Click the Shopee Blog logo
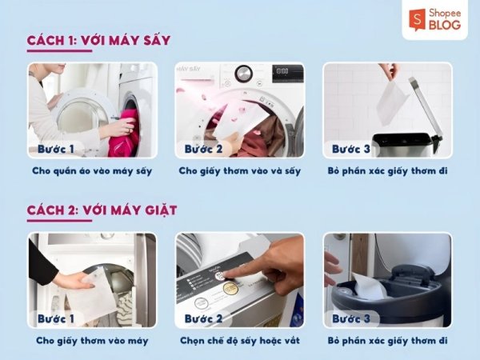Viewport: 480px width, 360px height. coord(434,19)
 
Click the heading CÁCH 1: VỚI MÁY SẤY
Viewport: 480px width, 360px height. coord(98,41)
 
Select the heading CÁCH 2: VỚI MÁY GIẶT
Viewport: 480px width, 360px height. coord(102,210)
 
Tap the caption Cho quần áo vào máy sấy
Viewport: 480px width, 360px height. coord(92,171)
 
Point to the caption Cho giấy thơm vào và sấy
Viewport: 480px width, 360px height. coord(240,171)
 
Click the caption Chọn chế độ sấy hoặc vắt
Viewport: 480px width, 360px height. coord(240,341)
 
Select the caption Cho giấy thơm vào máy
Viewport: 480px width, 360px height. coord(92,341)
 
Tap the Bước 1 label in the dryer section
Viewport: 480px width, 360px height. coord(56,149)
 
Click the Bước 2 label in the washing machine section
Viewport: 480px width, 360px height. coord(203,318)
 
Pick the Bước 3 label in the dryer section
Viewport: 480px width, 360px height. coord(351,149)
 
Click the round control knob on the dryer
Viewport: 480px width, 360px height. coord(244,74)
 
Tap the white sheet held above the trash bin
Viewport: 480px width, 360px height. coord(391,103)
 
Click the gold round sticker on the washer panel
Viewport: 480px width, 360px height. coord(230,288)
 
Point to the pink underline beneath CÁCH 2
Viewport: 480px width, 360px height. coord(59,221)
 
